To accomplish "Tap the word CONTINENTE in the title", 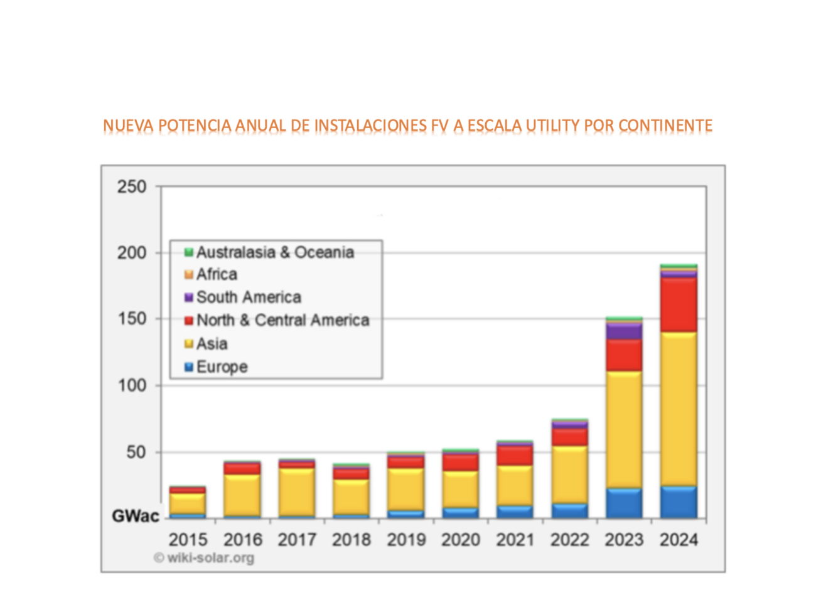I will [665, 126].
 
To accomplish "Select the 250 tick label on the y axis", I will [131, 186].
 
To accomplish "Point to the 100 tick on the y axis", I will [131, 385].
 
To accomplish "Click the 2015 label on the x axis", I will [188, 540].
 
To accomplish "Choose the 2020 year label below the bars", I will [461, 540].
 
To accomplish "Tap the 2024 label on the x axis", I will [679, 540].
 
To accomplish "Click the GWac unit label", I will [136, 516].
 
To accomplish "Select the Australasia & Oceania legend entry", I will [275, 252].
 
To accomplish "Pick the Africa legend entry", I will [217, 274].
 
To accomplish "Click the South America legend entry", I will [249, 297].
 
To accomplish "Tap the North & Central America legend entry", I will [282, 320].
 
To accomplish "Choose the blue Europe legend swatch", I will [188, 367].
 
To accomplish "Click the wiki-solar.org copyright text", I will [205, 557].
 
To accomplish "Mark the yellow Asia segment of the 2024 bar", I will [679, 408].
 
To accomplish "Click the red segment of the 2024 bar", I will [679, 304].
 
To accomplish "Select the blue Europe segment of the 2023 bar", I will [624, 503].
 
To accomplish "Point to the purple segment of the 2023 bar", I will [624, 331].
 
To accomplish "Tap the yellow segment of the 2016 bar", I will [242, 495].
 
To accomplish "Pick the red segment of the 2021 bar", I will [515, 455].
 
